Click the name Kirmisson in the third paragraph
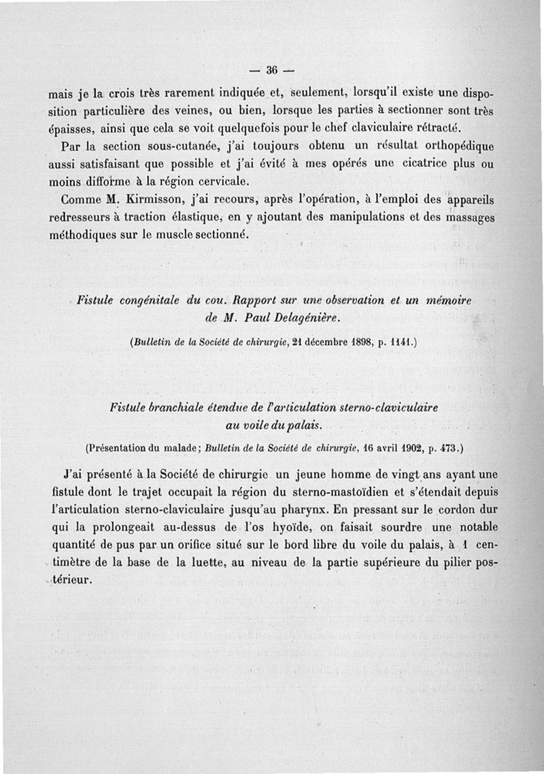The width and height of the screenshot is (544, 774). click(128, 202)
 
